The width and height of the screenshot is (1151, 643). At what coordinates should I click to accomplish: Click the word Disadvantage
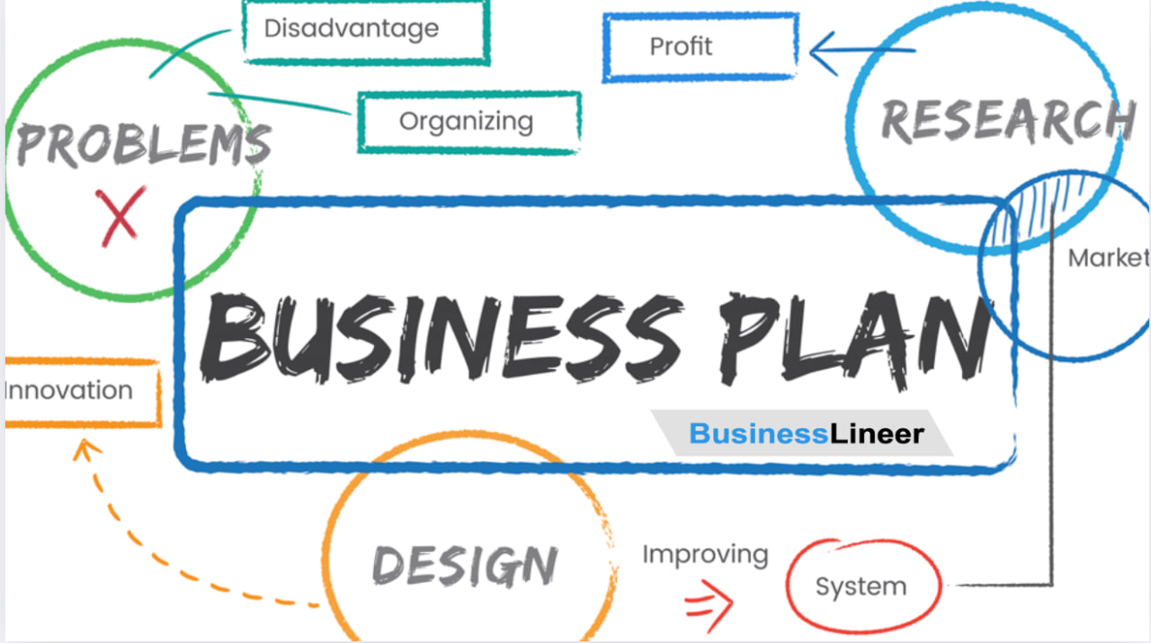[x=352, y=29]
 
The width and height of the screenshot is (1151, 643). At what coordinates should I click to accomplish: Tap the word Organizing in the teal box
[x=466, y=122]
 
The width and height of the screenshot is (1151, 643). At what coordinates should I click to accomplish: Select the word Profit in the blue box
[x=681, y=47]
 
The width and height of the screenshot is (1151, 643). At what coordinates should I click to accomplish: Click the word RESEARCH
[x=1008, y=121]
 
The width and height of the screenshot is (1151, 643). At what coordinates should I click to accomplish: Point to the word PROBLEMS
[x=144, y=145]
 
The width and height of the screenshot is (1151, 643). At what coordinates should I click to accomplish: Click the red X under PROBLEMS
[x=120, y=216]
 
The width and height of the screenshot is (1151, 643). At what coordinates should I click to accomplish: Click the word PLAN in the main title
[x=854, y=339]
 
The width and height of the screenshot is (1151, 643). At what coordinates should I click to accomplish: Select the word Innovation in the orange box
[x=69, y=390]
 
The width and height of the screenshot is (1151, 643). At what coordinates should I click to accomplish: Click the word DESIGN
[x=465, y=566]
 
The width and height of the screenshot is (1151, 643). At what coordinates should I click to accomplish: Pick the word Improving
[x=706, y=556]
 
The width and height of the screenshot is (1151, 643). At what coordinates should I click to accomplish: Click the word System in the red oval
[x=861, y=586]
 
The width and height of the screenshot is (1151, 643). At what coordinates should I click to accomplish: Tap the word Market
[x=1109, y=258]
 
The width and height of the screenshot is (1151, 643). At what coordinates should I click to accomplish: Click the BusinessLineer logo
[x=807, y=433]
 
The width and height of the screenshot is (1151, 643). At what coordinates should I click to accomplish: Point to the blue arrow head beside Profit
[x=823, y=53]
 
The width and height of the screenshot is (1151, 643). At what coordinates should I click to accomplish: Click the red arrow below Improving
[x=709, y=605]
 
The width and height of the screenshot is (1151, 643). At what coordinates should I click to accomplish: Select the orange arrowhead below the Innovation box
[x=86, y=450]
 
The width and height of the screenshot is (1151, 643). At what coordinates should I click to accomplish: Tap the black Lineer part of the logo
[x=877, y=433]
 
